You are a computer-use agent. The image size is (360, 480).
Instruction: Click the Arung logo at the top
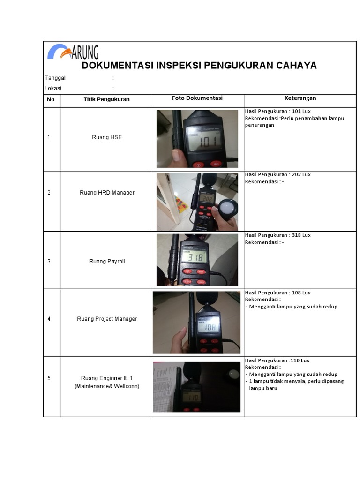click(x=73, y=51)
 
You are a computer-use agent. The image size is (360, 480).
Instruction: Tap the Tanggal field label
click(x=55, y=78)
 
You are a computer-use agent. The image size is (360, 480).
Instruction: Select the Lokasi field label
click(x=53, y=88)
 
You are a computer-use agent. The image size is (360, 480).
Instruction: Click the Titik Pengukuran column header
click(x=106, y=99)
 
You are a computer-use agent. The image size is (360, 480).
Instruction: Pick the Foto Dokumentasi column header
click(x=197, y=98)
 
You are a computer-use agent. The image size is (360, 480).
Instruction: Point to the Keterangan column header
click(x=300, y=98)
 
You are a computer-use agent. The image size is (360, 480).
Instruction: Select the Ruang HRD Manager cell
click(x=107, y=193)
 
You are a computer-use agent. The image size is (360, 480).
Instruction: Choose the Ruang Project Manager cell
click(x=107, y=319)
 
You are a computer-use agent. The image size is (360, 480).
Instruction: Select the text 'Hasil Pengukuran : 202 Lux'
click(x=277, y=175)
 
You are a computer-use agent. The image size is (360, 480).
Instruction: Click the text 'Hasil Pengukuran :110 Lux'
click(x=277, y=360)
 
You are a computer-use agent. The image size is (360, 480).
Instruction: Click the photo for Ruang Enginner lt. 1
click(x=196, y=387)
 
